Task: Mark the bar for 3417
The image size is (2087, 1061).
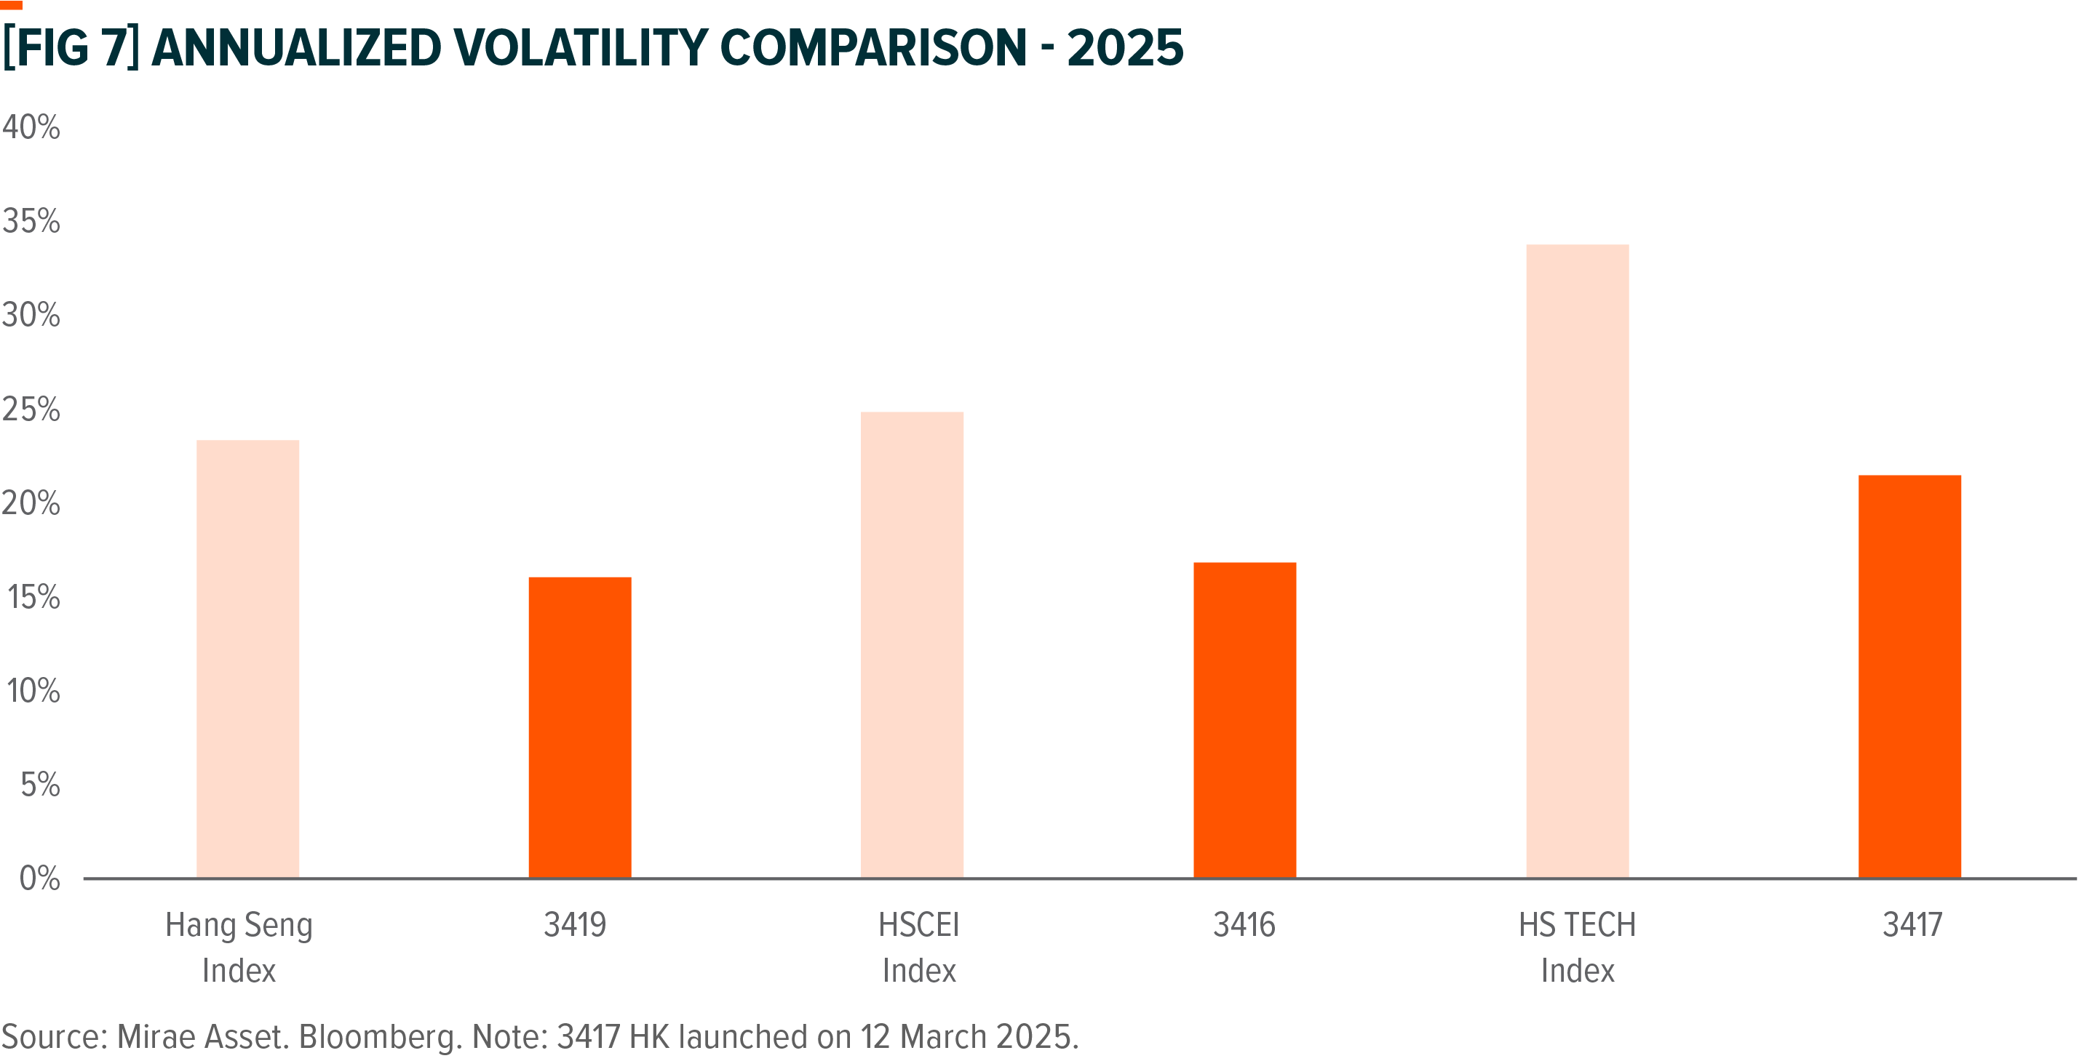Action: click(1909, 676)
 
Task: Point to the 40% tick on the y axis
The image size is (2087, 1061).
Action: click(31, 127)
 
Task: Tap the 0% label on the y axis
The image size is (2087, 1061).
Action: click(39, 878)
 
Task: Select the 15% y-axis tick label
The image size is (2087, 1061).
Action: click(33, 598)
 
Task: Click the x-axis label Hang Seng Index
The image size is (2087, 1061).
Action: click(239, 947)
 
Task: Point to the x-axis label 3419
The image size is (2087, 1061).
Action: click(574, 925)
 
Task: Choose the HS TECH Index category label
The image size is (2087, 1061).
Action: click(1577, 947)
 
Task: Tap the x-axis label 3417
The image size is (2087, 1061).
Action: click(1912, 925)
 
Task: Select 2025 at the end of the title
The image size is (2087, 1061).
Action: click(1124, 48)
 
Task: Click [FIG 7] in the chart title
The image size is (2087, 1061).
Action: click(71, 48)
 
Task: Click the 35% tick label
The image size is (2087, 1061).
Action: click(31, 221)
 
